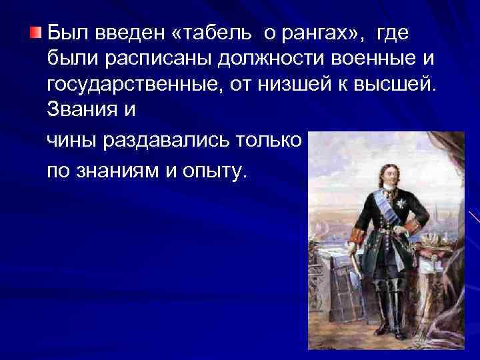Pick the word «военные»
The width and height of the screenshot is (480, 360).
(381, 59)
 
